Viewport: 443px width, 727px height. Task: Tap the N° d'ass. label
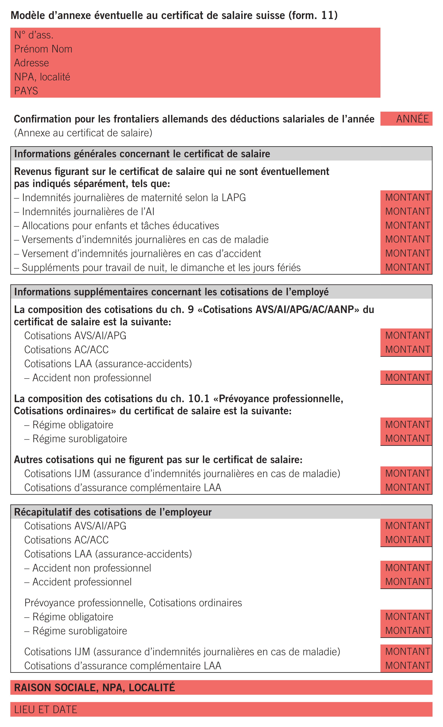(34, 35)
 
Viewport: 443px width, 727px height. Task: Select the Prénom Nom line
(43, 49)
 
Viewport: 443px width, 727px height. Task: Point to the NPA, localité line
(42, 77)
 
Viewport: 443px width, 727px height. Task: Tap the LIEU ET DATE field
(46, 709)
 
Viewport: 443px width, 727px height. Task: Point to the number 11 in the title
(327, 15)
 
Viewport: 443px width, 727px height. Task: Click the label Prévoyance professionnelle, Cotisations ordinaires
(133, 603)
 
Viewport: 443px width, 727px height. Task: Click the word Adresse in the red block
(32, 63)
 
